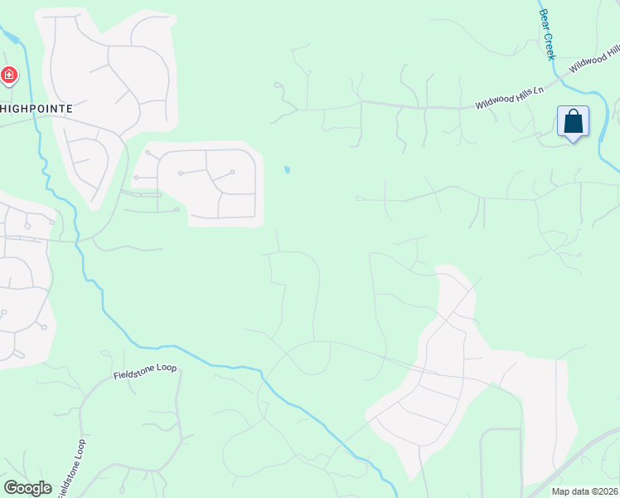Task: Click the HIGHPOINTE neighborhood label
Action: [36, 109]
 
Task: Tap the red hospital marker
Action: [9, 76]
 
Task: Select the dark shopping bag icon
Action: [574, 122]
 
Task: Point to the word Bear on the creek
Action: [544, 17]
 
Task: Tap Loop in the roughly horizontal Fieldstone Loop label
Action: [167, 366]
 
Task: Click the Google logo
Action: [27, 488]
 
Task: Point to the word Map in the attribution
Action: [560, 491]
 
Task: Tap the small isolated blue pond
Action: [287, 170]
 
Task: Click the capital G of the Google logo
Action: [10, 488]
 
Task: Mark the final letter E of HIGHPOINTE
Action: [70, 109]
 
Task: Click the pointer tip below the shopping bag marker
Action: [574, 141]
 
